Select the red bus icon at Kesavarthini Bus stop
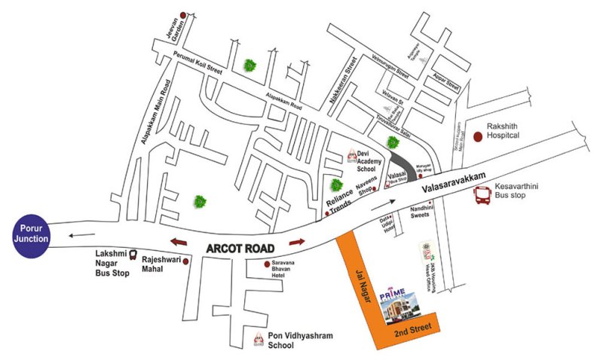pyautogui.click(x=483, y=197)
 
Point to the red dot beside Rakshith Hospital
pyautogui.click(x=478, y=136)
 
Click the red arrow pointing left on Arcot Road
pyautogui.click(x=179, y=243)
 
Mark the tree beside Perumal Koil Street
pyautogui.click(x=249, y=66)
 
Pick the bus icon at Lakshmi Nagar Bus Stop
pyautogui.click(x=133, y=256)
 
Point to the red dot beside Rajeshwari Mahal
pyautogui.click(x=186, y=261)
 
